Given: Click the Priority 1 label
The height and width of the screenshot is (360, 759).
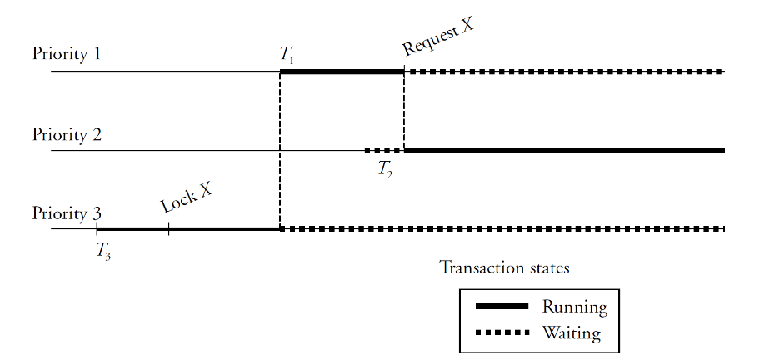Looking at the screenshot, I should (x=67, y=54).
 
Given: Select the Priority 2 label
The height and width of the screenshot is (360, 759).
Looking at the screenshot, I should (x=67, y=134).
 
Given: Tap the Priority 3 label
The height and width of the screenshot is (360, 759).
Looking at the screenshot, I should (x=67, y=213).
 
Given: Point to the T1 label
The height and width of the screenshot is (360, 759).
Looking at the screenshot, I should (x=287, y=56).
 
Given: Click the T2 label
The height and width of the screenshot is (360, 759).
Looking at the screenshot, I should (x=385, y=169).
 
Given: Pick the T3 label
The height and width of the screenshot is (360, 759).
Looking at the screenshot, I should (x=103, y=250).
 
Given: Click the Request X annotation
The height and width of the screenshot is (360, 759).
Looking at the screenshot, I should (x=438, y=37).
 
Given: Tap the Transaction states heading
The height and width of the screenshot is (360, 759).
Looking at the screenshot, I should (x=504, y=268).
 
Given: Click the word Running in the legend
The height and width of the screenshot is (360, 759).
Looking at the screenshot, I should (x=574, y=307).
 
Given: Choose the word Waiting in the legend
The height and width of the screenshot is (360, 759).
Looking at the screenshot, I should (x=571, y=333).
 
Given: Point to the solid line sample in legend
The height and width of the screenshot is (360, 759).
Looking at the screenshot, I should (x=502, y=307).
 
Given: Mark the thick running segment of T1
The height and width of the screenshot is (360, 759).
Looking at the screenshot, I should (x=342, y=72).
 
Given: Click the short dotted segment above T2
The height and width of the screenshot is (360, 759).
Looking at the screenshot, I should (x=383, y=150).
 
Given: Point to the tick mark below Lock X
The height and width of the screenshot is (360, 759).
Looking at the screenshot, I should (x=168, y=229).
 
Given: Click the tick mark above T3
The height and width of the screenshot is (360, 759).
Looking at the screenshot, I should (x=97, y=229).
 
